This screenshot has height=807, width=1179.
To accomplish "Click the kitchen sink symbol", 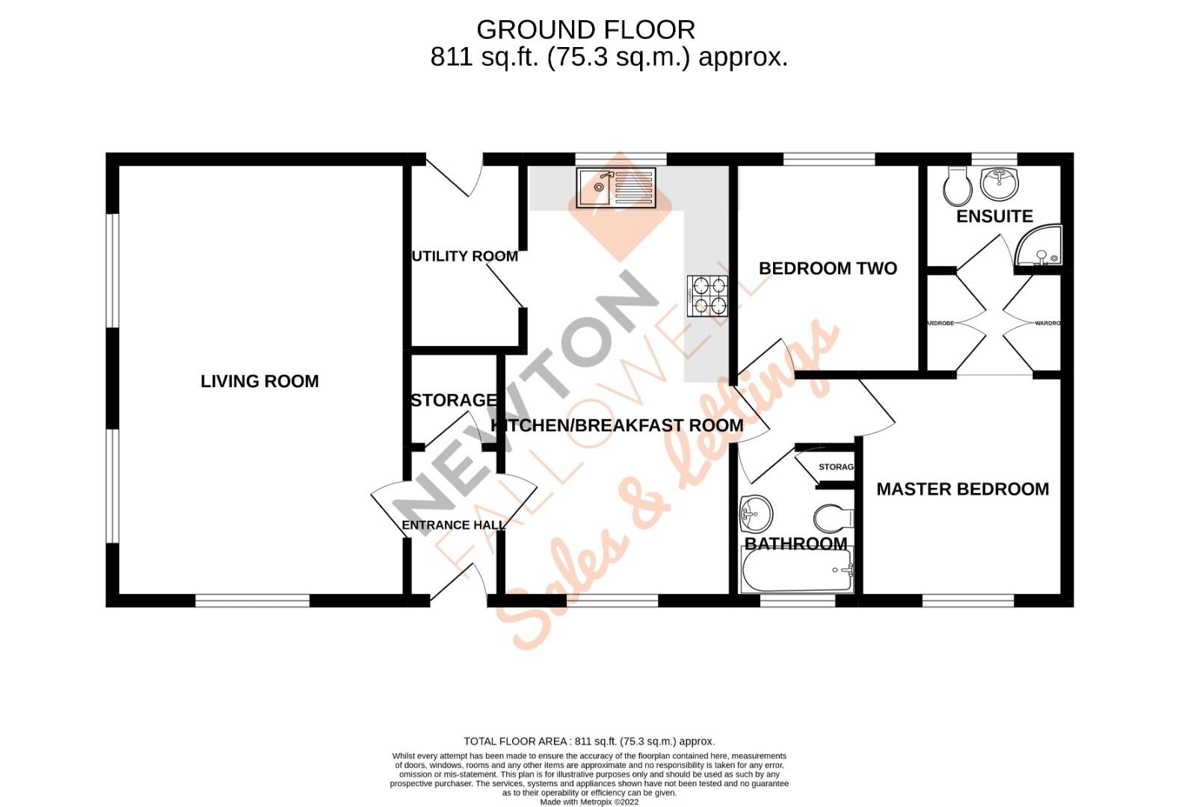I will [x=616, y=188].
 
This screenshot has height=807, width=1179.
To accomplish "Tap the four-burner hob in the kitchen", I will [x=707, y=294].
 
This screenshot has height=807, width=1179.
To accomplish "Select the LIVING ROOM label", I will [x=259, y=381].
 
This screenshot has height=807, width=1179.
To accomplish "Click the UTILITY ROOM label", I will [x=464, y=256].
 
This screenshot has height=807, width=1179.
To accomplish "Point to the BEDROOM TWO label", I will [x=828, y=268].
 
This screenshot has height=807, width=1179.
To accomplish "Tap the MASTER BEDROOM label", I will [x=962, y=489].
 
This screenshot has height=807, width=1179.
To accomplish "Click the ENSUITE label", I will [x=994, y=216].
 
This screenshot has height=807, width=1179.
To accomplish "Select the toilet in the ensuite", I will [x=957, y=186].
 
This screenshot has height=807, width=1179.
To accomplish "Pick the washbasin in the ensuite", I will [x=1000, y=182].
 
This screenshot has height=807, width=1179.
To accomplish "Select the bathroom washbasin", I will [x=756, y=513].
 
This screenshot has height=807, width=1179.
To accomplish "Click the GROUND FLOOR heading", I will [x=585, y=30].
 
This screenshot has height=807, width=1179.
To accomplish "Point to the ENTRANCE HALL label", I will [x=453, y=525].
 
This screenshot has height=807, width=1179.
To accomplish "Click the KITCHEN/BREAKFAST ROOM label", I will [x=616, y=425].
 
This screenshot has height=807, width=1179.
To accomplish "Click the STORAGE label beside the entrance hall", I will [x=453, y=401].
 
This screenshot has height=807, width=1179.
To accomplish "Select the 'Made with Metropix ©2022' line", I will [x=589, y=802].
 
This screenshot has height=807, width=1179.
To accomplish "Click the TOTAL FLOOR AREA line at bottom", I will [x=589, y=741].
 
